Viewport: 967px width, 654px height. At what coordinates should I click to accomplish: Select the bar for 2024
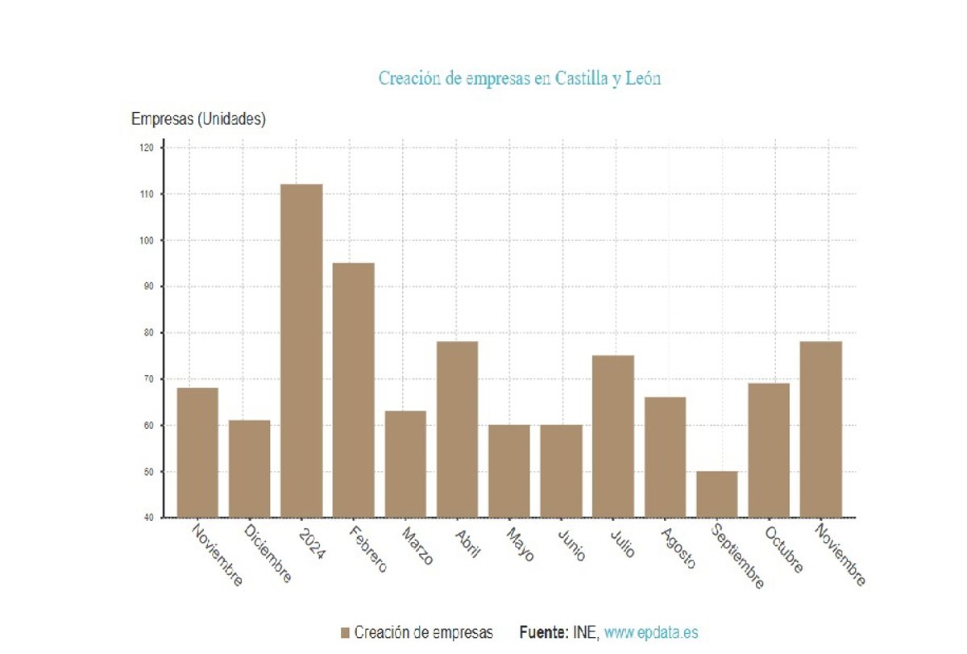tap(301, 351)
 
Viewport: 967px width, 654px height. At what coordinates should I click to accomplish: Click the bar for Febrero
tap(353, 389)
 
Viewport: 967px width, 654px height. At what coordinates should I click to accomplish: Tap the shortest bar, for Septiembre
tap(716, 494)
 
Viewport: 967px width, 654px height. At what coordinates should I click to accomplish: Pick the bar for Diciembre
tap(250, 469)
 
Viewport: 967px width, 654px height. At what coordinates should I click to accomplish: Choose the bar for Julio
tap(613, 435)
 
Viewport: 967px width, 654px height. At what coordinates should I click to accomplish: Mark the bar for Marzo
tap(405, 464)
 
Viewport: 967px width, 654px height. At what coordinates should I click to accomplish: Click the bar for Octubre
tap(769, 449)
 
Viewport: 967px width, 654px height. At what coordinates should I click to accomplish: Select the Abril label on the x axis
tap(468, 544)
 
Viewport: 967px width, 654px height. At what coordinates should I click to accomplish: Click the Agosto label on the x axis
tap(677, 548)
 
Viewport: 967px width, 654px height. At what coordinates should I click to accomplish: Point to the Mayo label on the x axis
tap(520, 544)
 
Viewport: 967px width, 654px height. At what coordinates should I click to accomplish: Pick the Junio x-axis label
tap(571, 544)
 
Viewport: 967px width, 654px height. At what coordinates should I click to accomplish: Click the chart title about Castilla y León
tap(520, 78)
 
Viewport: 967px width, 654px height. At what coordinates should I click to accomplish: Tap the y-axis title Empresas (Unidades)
tap(198, 119)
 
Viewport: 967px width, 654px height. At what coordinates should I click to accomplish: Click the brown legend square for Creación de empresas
tap(346, 633)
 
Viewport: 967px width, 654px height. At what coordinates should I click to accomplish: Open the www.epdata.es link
tap(651, 633)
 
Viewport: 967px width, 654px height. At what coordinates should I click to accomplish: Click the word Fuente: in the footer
tap(543, 633)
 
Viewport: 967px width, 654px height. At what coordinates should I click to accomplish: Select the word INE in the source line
tap(584, 633)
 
